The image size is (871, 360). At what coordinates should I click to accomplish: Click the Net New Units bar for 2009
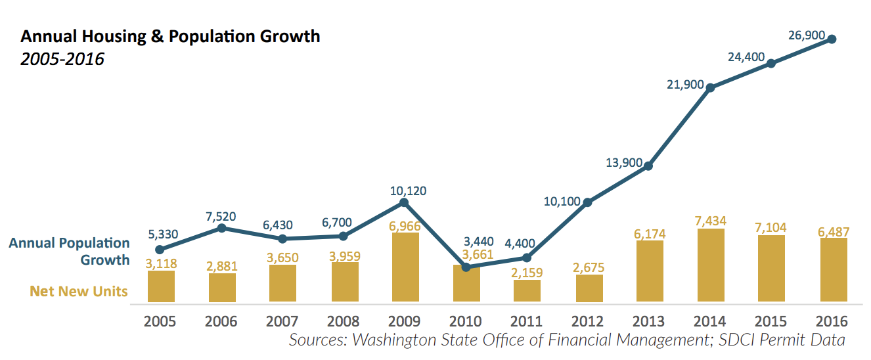pos(405,268)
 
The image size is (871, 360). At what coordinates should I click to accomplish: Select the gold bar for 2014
pos(710,266)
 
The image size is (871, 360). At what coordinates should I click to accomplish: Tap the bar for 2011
pos(527,291)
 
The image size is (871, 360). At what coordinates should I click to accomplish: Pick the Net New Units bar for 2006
pos(222,288)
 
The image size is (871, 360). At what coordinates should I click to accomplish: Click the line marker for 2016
pos(832,39)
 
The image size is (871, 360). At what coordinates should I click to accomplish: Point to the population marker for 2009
pos(405,202)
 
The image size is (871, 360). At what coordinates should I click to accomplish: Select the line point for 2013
pos(648,166)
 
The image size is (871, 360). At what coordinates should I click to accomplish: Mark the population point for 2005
pos(160,250)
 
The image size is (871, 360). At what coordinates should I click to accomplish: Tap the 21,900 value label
pos(684,85)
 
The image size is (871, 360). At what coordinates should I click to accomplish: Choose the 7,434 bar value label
pos(710,220)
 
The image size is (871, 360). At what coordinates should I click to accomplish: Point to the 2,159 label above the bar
pos(527,272)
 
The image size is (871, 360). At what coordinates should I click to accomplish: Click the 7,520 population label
pos(220,216)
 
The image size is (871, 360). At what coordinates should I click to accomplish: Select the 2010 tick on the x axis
pos(465,322)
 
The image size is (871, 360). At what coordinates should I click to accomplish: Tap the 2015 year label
pos(770,322)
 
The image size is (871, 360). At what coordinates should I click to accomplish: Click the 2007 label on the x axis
pos(282,322)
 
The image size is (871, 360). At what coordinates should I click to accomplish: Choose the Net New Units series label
pos(79,290)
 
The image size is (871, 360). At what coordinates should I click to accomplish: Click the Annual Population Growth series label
pos(70,251)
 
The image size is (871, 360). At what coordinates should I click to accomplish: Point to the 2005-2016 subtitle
pos(62,59)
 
